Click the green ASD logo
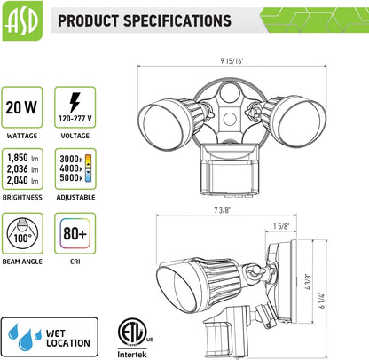tap(22, 20)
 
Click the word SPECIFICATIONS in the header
tap(177, 20)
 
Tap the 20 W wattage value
tap(21, 107)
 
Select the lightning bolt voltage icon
tap(75, 102)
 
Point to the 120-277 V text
tap(75, 119)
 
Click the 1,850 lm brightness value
tap(22, 158)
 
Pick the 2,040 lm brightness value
tap(22, 180)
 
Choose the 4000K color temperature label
tap(71, 168)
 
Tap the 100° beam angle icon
tap(22, 233)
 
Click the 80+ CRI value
tap(75, 233)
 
